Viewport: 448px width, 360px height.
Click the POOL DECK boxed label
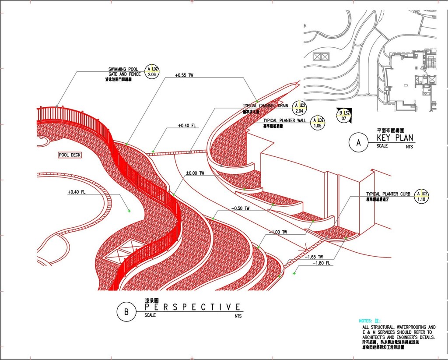(70, 155)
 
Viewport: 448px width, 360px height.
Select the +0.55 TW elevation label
(184, 75)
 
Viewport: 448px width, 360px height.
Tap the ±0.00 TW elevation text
(195, 173)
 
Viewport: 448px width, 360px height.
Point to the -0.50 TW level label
(241, 208)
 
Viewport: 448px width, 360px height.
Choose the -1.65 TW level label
(314, 257)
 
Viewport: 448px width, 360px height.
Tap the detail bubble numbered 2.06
(152, 72)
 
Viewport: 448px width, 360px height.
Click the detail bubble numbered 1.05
(318, 123)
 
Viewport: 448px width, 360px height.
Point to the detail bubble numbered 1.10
(422, 196)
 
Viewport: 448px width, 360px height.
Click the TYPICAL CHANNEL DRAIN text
(266, 106)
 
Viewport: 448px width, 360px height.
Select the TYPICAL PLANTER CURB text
(388, 194)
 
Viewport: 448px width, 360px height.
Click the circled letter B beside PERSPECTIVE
(126, 312)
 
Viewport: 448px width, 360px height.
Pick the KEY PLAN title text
(395, 138)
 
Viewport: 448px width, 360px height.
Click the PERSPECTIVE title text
(192, 307)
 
